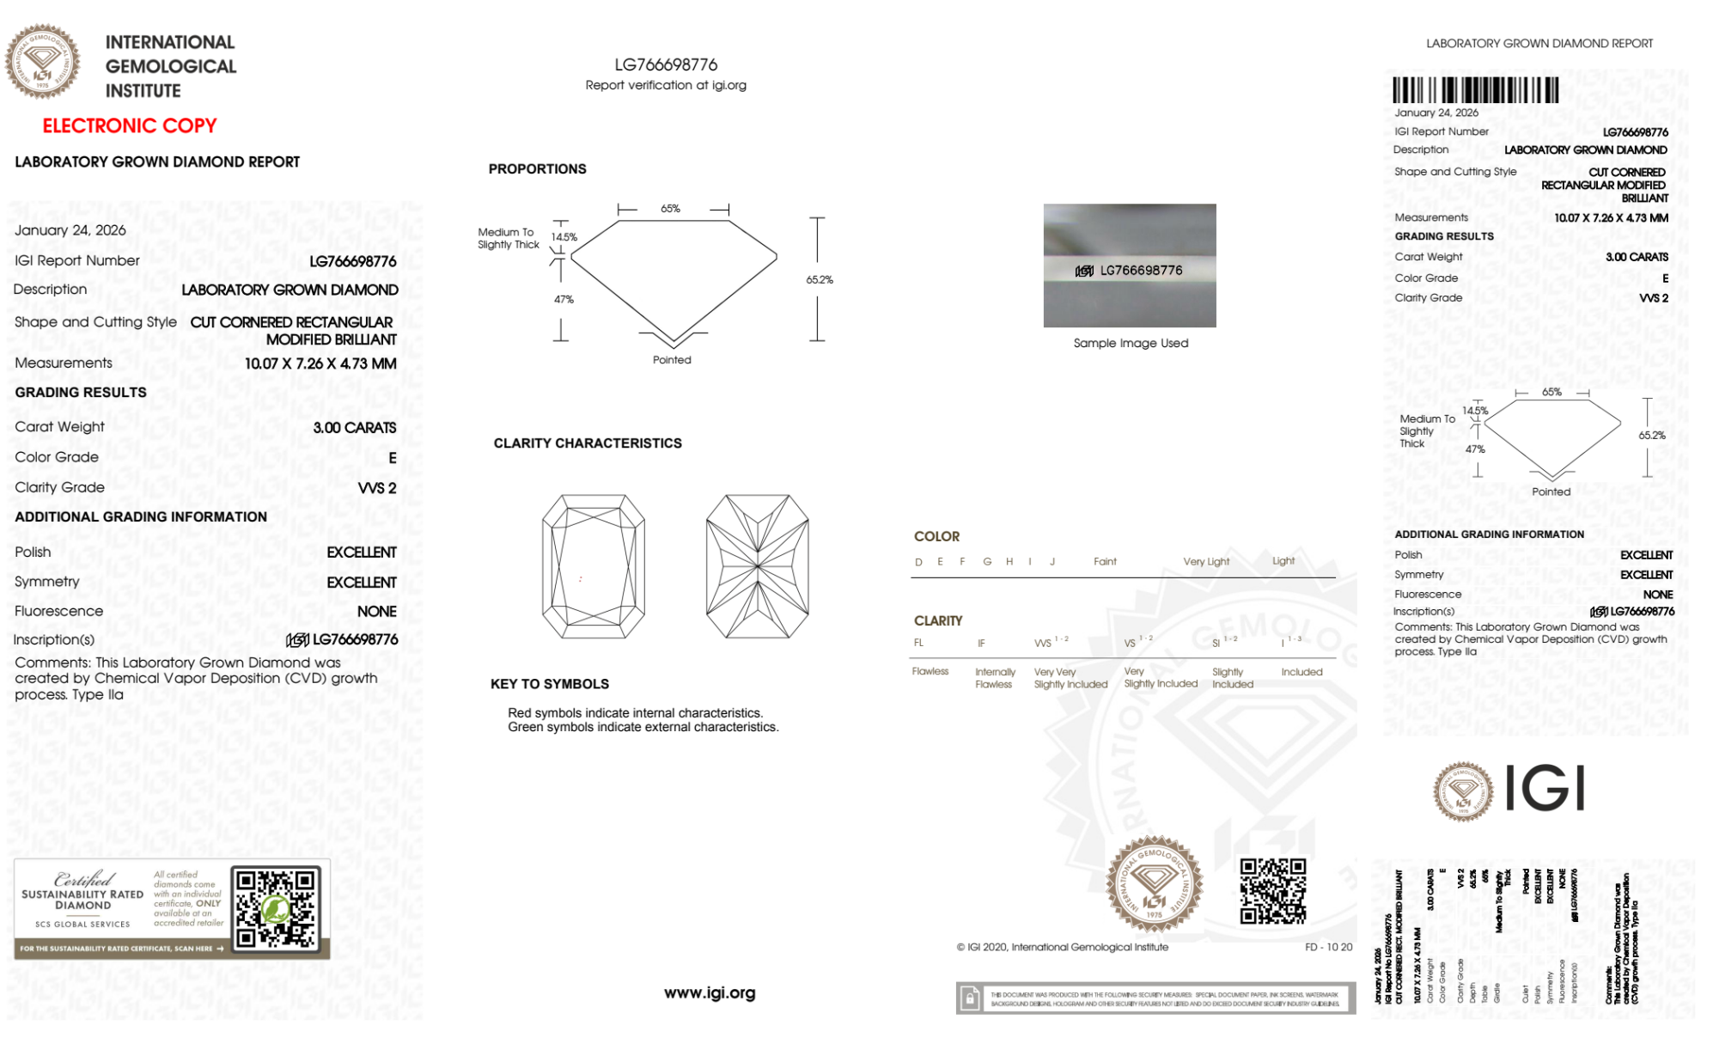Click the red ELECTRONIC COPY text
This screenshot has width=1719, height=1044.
[x=130, y=126]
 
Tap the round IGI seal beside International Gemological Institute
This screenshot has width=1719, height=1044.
[x=42, y=62]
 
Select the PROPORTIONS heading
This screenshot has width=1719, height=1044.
[x=537, y=169]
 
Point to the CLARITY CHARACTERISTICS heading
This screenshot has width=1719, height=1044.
[x=588, y=443]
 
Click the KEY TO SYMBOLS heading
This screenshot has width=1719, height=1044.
[x=550, y=684]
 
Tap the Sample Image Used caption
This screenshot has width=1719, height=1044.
[x=1131, y=343]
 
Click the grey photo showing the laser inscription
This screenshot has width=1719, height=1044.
[x=1130, y=266]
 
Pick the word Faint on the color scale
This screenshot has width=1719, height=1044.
[x=1105, y=562]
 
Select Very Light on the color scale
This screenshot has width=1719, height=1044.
[x=1206, y=562]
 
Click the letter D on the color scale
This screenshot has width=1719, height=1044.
[x=918, y=562]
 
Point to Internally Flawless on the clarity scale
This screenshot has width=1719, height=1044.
[x=995, y=678]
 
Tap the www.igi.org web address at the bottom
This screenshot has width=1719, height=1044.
[x=710, y=993]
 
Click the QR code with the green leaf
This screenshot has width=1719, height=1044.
[x=277, y=908]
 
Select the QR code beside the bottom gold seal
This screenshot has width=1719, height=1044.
[x=1272, y=891]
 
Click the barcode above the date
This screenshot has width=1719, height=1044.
[x=1475, y=90]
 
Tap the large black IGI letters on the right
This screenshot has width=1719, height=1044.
[x=1545, y=789]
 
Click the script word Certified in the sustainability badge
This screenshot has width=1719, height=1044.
[x=83, y=878]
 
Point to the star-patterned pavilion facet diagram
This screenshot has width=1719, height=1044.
[x=757, y=566]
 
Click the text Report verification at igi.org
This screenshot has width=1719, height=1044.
[x=666, y=85]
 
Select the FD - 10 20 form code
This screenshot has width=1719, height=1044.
[x=1328, y=947]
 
